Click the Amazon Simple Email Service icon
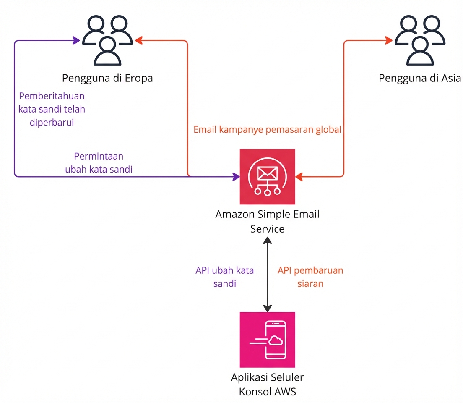pos(267,176)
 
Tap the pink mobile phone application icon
pos(267,340)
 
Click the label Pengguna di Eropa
pos(107,78)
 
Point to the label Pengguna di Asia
pos(420,78)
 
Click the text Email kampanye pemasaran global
pos(267,130)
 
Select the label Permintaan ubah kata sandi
pos(99,163)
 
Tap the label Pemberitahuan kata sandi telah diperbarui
pos(52,109)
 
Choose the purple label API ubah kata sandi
pos(224,277)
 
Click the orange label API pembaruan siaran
pos(310,277)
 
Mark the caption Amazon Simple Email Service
pos(267,221)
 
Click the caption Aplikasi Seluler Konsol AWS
pos(267,385)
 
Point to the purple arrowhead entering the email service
pos(236,176)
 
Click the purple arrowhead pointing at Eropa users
pos(77,41)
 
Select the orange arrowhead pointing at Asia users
pos(389,41)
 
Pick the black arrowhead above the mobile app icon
pos(267,308)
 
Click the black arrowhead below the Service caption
pos(267,241)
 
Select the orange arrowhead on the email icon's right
pos(299,177)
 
